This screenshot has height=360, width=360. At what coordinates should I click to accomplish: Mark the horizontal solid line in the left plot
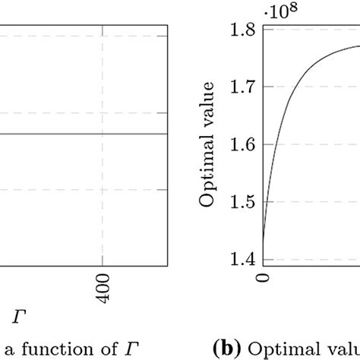click(x=76, y=134)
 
